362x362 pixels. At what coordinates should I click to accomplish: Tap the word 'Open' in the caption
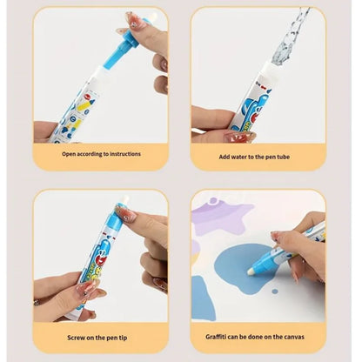point(68,153)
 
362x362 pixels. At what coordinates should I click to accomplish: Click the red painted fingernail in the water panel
point(237,137)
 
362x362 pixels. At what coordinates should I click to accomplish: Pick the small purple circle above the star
point(202,204)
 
